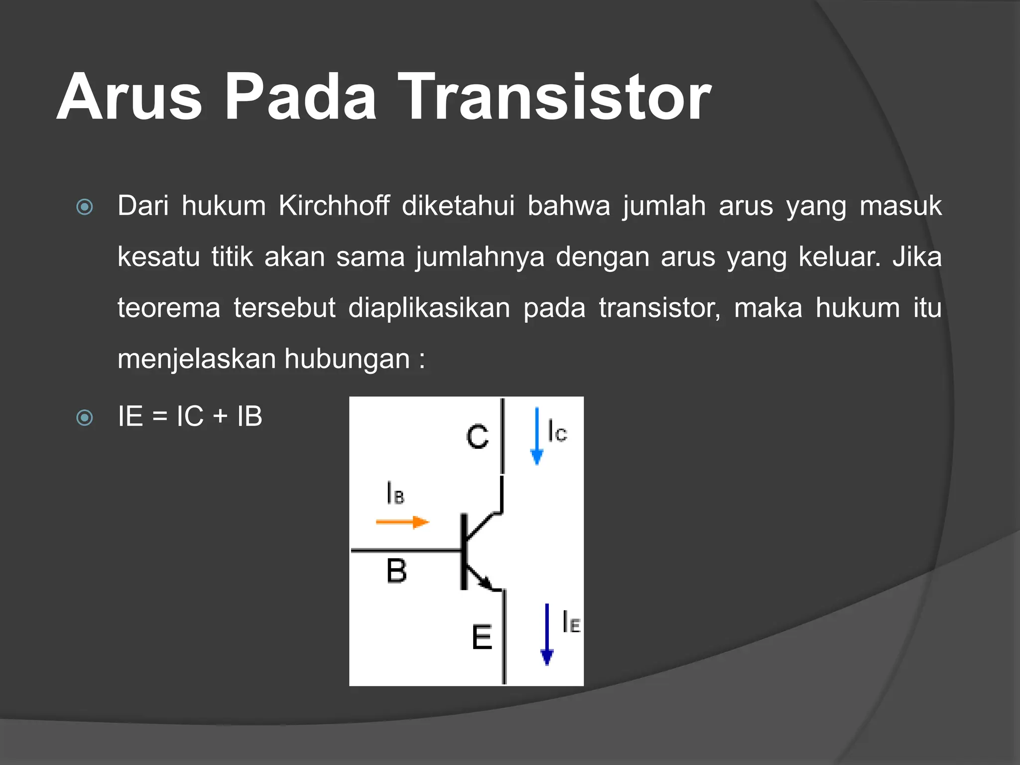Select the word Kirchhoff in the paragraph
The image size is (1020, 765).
pyautogui.click(x=334, y=206)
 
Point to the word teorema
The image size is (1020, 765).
pyautogui.click(x=169, y=308)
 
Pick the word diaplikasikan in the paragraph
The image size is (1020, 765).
pyautogui.click(x=429, y=308)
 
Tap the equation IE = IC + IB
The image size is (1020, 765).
pyautogui.click(x=190, y=416)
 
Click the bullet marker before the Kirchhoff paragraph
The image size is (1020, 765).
pyautogui.click(x=85, y=207)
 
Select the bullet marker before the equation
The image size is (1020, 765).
pyautogui.click(x=85, y=417)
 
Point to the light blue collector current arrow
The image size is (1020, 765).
pyautogui.click(x=536, y=436)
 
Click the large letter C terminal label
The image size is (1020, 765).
pyautogui.click(x=477, y=437)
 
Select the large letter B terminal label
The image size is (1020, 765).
pyautogui.click(x=396, y=571)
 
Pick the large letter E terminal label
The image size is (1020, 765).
pyautogui.click(x=482, y=637)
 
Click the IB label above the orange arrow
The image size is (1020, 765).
pyautogui.click(x=395, y=493)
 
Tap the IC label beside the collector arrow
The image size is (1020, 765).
pyautogui.click(x=557, y=431)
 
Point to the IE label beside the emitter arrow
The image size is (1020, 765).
pyautogui.click(x=571, y=622)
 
